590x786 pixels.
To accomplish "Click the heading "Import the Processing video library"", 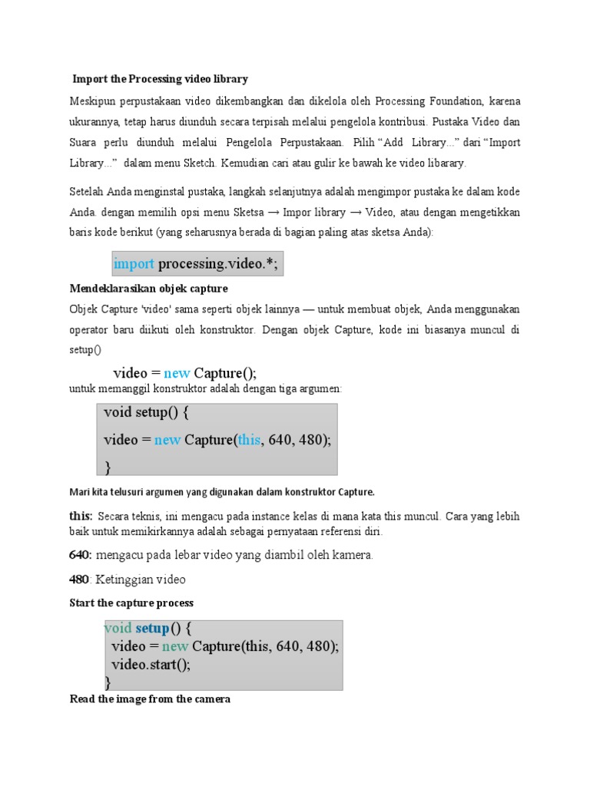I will pos(160,79).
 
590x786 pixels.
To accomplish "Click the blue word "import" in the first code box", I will pos(134,264).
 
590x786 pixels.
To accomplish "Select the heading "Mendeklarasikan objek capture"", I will pos(148,289).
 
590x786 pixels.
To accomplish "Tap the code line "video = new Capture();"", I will pos(184,373).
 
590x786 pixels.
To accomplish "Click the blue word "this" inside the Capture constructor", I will pos(250,440).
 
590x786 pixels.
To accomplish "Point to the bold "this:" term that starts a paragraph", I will pos(81,517).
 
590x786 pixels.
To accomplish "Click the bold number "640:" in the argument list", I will pos(81,555).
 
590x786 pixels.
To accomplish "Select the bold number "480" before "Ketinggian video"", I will pos(79,580).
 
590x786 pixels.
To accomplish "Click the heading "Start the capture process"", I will pos(131,603).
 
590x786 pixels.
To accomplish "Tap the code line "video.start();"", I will pos(151,664).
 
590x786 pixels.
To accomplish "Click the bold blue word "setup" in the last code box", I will pos(152,629).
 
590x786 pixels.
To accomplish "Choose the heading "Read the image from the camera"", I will pos(150,699).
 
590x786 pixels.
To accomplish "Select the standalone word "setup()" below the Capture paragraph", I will pos(85,349).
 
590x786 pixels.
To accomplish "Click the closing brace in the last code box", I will pos(108,682).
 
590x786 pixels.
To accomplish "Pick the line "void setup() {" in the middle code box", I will pos(146,412).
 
